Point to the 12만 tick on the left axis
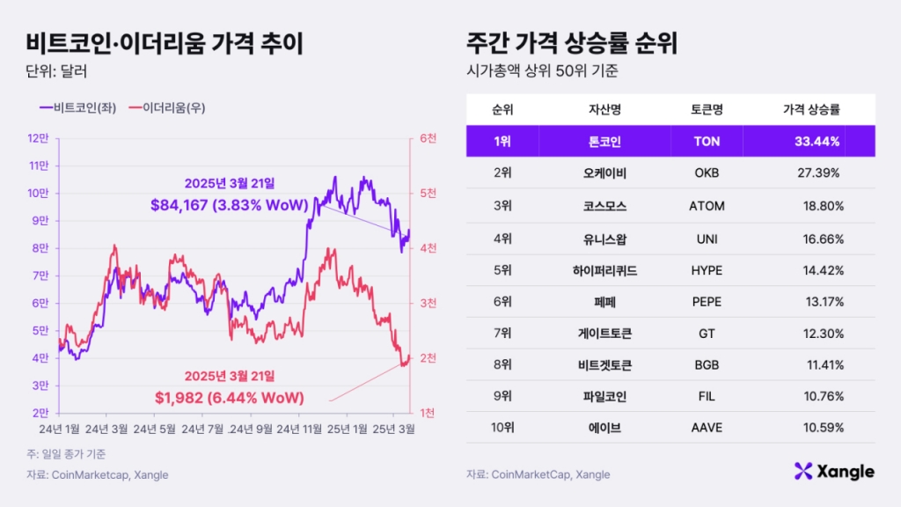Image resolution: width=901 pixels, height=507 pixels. (x=38, y=138)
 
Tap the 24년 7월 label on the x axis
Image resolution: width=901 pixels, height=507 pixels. (x=204, y=430)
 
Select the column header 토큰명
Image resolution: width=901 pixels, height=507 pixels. (x=707, y=110)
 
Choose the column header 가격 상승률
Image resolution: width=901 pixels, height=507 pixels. (x=810, y=110)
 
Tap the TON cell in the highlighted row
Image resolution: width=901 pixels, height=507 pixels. (x=707, y=141)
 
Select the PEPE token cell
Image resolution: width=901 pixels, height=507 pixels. (x=707, y=302)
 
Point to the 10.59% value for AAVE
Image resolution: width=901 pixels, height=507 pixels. (x=822, y=428)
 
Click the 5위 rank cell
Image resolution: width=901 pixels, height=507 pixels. (x=502, y=270)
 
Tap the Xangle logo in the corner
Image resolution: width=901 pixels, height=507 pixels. (x=833, y=472)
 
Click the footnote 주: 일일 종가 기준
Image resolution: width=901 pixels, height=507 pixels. (x=66, y=454)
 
